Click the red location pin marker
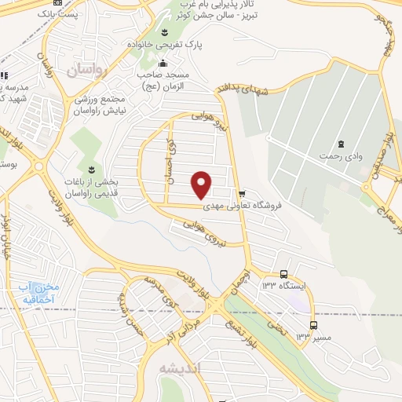(x=202, y=184)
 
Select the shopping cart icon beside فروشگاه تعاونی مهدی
(x=242, y=192)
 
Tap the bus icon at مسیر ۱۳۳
(x=313, y=324)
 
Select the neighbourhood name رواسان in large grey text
(x=85, y=71)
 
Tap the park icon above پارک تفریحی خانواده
(x=164, y=32)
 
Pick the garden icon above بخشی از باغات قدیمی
(x=92, y=170)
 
